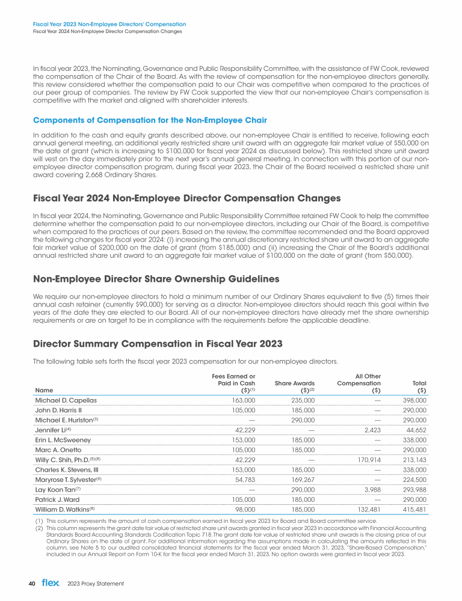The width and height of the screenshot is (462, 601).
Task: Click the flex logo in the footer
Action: coord(51,584)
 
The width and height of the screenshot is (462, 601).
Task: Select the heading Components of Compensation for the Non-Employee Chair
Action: coord(143,121)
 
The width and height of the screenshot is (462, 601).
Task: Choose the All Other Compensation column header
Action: coord(359,380)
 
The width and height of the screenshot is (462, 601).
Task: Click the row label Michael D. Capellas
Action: coord(66,400)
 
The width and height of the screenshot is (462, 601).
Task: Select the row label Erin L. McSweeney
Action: coord(63,439)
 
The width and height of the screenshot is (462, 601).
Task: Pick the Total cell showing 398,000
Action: coord(414,400)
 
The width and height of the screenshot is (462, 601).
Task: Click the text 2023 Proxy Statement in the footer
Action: coord(95,584)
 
